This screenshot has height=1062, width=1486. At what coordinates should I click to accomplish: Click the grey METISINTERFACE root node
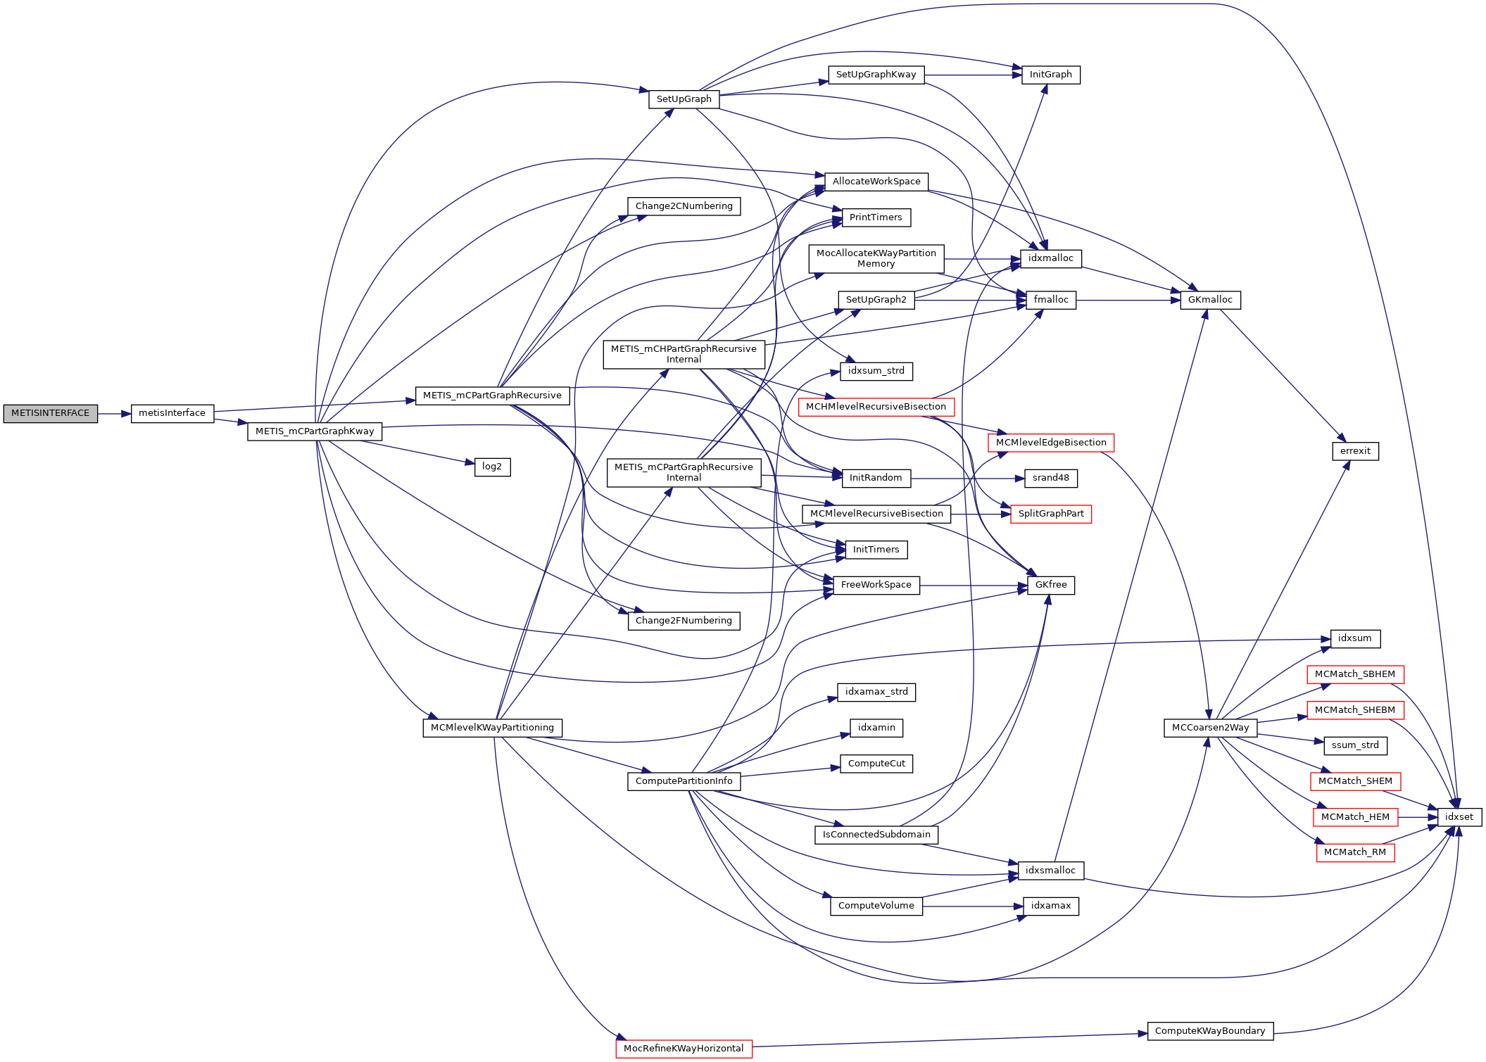pos(50,414)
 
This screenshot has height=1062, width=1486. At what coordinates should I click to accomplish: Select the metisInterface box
pos(172,414)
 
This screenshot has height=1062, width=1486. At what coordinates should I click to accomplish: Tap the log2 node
pos(492,467)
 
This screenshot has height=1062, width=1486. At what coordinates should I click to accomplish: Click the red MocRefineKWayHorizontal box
pos(684,1049)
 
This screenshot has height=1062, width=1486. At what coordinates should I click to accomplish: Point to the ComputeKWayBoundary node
pos(1209,1031)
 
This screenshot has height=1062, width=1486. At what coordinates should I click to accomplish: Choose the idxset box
pos(1459,817)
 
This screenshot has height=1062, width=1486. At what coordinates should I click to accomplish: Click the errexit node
pos(1355,451)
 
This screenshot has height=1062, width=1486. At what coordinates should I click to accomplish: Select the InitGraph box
pos(1050,75)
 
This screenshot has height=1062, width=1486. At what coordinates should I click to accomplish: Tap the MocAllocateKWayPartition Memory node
pos(876,258)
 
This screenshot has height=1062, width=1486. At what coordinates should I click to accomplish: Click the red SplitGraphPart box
pos(1050,514)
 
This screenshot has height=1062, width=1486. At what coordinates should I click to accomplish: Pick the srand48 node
pos(1050,478)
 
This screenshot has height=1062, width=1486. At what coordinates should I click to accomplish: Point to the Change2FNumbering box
pos(684,621)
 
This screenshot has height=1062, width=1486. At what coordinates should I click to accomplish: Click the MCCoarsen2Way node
pos(1210,728)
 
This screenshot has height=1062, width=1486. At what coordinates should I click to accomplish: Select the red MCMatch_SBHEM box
pos(1354,674)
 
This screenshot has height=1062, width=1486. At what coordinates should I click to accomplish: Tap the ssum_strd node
pos(1355,745)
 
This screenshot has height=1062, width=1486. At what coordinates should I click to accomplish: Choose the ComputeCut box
pos(876,764)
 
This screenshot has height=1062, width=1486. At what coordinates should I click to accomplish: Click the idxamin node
pos(876,728)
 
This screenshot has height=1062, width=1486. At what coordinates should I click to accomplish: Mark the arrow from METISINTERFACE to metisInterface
pos(114,414)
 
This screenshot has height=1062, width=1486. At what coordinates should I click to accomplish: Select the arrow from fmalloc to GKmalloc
pos(1128,301)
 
